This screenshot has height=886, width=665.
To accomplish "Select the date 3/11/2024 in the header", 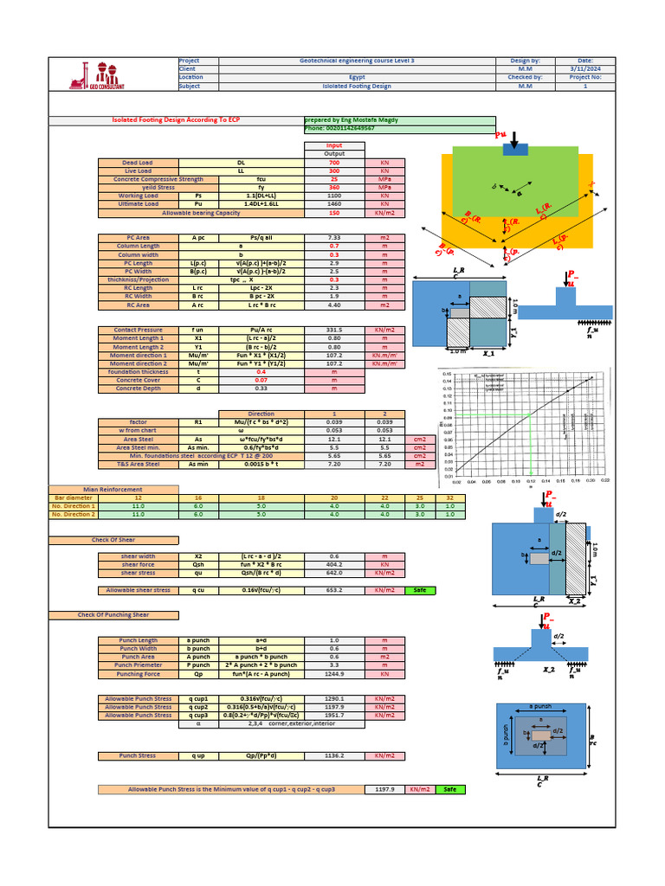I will pyautogui.click(x=584, y=69).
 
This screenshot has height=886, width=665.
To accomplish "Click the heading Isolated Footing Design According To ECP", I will pyautogui.click(x=176, y=120).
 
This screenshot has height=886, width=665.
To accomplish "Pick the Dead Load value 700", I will pyautogui.click(x=334, y=163).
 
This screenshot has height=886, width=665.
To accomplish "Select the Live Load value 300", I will pyautogui.click(x=334, y=171).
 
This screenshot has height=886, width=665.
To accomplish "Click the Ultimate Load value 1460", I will pyautogui.click(x=334, y=204).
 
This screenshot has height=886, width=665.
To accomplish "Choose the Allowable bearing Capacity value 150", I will pyautogui.click(x=334, y=213).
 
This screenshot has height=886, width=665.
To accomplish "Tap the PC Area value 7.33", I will pyautogui.click(x=334, y=237).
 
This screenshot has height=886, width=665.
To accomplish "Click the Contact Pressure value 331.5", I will pyautogui.click(x=334, y=330).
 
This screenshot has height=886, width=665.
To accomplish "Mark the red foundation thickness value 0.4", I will pyautogui.click(x=334, y=371).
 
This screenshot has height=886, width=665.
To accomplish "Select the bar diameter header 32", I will pyautogui.click(x=449, y=498).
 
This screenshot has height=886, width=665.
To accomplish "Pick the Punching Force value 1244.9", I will pyautogui.click(x=334, y=673).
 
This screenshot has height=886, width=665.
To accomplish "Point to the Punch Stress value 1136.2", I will pyautogui.click(x=334, y=756).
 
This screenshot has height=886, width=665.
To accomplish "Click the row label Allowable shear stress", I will pyautogui.click(x=139, y=590).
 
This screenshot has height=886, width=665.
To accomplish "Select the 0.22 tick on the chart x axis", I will pyautogui.click(x=604, y=481).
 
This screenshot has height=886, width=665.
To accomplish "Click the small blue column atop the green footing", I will pyautogui.click(x=515, y=150).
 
